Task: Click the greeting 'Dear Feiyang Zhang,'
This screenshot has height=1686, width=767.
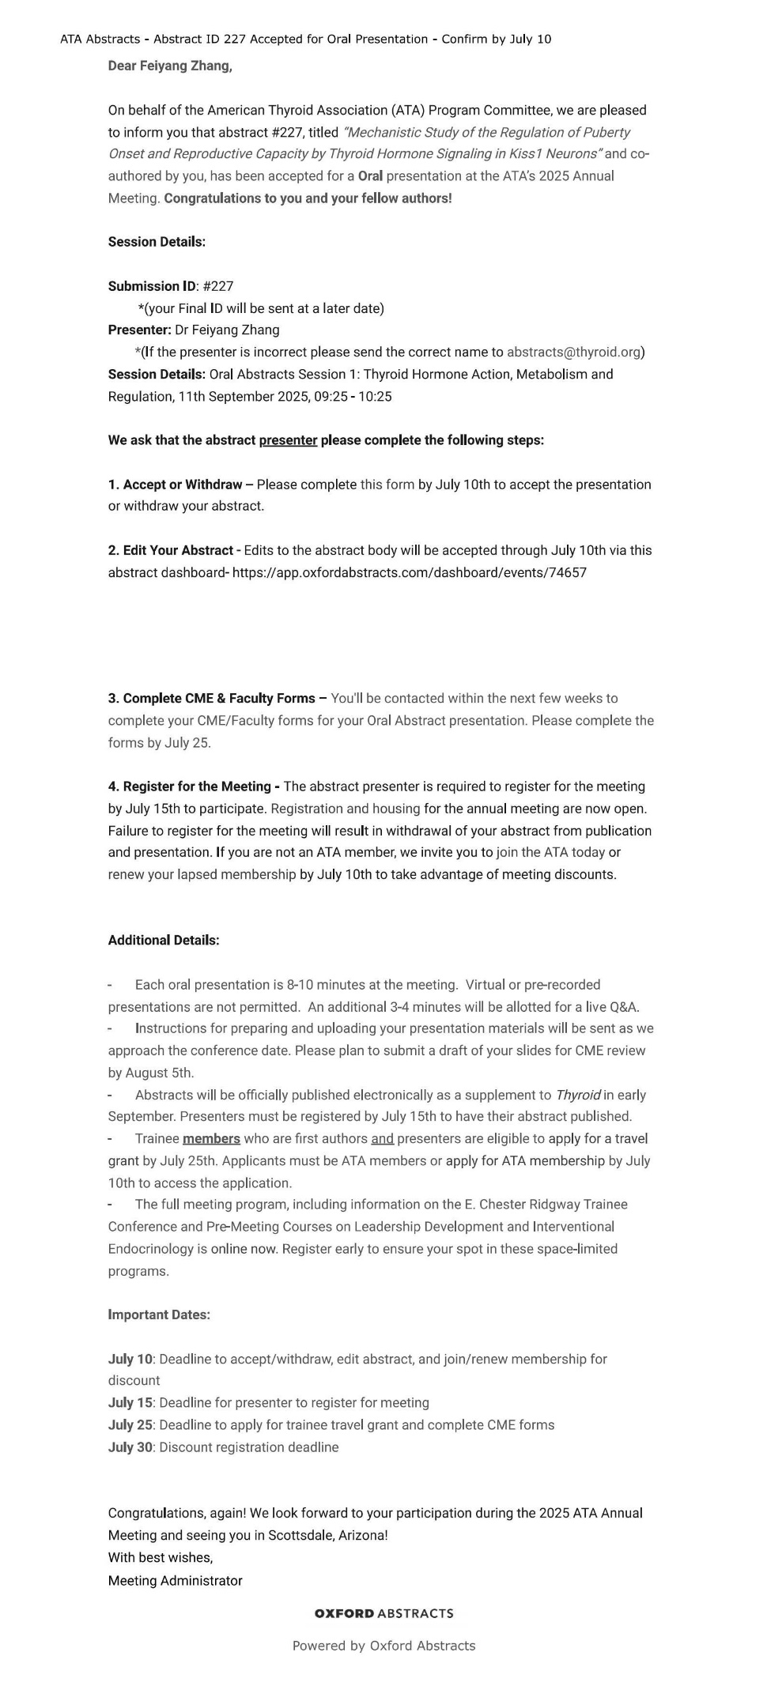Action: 170,66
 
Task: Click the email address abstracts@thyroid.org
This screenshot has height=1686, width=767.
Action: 573,353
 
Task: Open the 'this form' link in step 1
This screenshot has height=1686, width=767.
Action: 387,485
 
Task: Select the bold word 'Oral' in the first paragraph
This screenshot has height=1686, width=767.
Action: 370,176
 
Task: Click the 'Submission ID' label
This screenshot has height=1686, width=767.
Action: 152,286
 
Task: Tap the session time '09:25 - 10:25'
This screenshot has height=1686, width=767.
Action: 353,397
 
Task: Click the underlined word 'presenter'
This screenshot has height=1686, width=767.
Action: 288,440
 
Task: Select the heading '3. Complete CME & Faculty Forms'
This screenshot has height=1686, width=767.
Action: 212,699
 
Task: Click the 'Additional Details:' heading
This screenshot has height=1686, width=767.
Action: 164,941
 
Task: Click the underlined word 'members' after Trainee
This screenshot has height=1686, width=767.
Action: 211,1139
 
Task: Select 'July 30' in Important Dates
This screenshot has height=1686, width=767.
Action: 130,1447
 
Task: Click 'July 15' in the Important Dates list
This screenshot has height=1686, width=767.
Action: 130,1403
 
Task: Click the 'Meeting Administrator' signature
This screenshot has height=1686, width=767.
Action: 176,1581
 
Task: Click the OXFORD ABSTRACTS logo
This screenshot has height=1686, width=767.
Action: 383,1614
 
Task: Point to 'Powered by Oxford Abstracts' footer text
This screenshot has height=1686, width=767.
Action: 383,1646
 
